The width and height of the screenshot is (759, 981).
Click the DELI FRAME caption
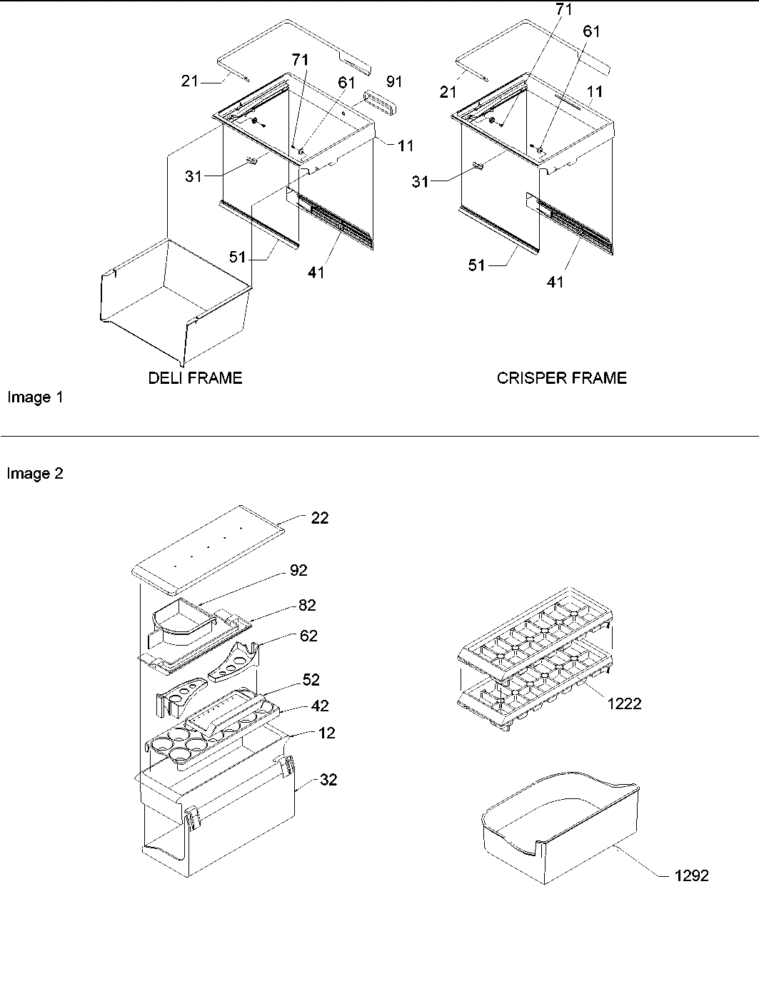click(195, 378)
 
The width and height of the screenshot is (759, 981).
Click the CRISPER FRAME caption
click(561, 378)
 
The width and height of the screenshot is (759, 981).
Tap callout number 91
click(393, 81)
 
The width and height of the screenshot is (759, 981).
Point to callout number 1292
click(691, 875)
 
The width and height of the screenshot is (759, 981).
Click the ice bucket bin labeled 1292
click(557, 831)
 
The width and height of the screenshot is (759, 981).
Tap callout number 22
click(320, 518)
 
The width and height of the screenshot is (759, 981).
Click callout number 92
click(298, 570)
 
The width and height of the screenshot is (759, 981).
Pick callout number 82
click(307, 605)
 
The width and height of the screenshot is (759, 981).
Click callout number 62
click(308, 636)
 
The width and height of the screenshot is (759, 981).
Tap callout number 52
click(311, 680)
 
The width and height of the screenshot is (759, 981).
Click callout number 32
click(328, 780)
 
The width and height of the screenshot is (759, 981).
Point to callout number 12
click(327, 733)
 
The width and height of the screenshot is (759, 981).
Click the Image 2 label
click(35, 474)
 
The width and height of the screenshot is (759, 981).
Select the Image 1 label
click(35, 397)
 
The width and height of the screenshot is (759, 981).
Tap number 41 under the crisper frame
click(555, 282)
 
